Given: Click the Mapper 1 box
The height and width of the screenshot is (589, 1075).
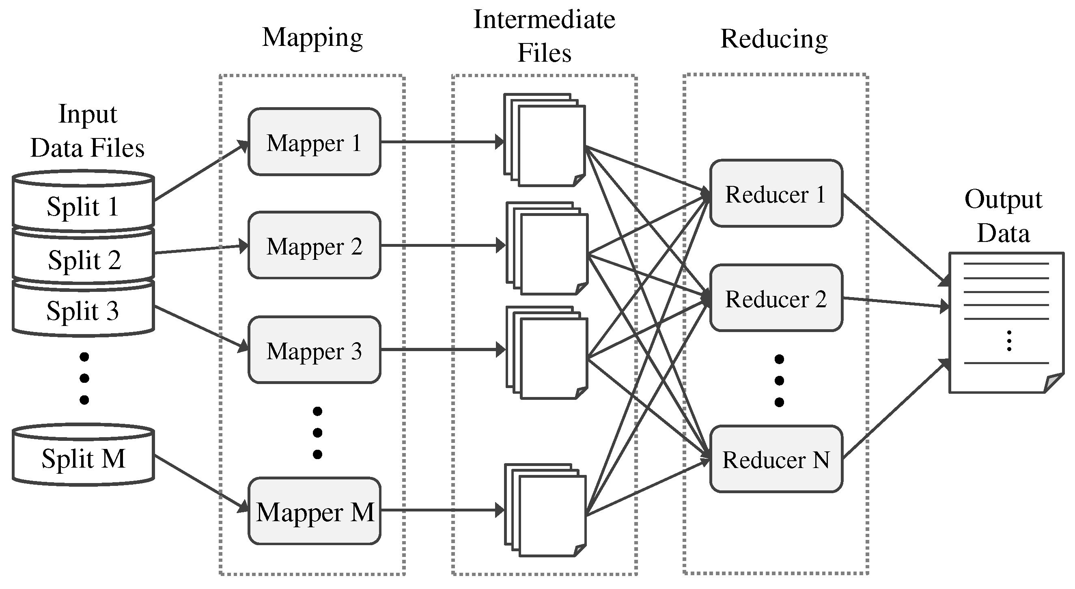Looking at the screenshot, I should coord(314,142).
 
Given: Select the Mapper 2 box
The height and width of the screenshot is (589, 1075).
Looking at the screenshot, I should coord(314,246).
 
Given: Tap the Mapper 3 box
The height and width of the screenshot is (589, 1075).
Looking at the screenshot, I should coord(314,350).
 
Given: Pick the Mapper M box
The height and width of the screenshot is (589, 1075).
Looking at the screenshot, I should coord(314,511).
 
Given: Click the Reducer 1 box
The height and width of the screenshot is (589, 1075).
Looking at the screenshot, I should coord(776,194).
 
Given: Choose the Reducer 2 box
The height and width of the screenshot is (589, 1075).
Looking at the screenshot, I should coord(776,298).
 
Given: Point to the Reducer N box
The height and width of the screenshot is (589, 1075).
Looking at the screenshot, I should coord(776,459).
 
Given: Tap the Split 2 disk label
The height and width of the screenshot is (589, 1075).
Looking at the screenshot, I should coord(84,260).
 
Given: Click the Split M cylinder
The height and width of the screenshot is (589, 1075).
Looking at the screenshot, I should coord(84,458).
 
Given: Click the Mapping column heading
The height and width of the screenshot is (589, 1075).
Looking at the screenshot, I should coord(312,38).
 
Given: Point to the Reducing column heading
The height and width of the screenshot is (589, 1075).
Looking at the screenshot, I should coord(774,39).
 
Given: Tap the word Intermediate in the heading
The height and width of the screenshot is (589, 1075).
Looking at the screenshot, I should coord(544,19).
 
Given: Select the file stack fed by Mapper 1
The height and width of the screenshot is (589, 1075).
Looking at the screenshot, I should coord(545,140).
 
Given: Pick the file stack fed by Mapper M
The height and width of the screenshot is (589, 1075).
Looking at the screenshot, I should coord(545,510).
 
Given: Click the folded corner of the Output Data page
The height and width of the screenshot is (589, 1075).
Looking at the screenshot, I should coord(1052,382).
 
